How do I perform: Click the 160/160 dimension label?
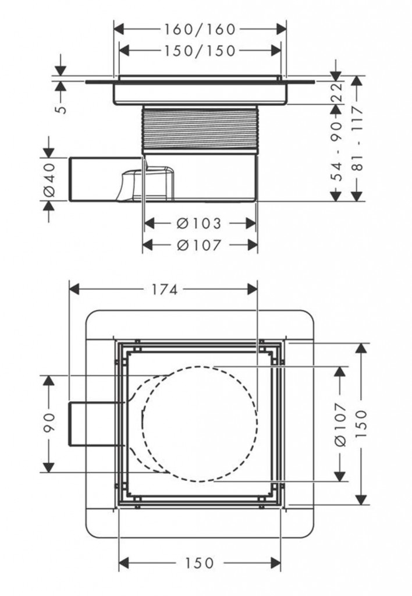pos(200,29)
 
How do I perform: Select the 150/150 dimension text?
pos(200,51)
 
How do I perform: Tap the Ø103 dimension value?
pos(200,223)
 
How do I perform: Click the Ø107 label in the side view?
pos(200,245)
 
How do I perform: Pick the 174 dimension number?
pos(165,289)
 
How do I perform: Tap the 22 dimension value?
pos(336,91)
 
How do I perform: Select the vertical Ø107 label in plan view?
pos(340,424)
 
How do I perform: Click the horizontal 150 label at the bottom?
pos(200,563)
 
